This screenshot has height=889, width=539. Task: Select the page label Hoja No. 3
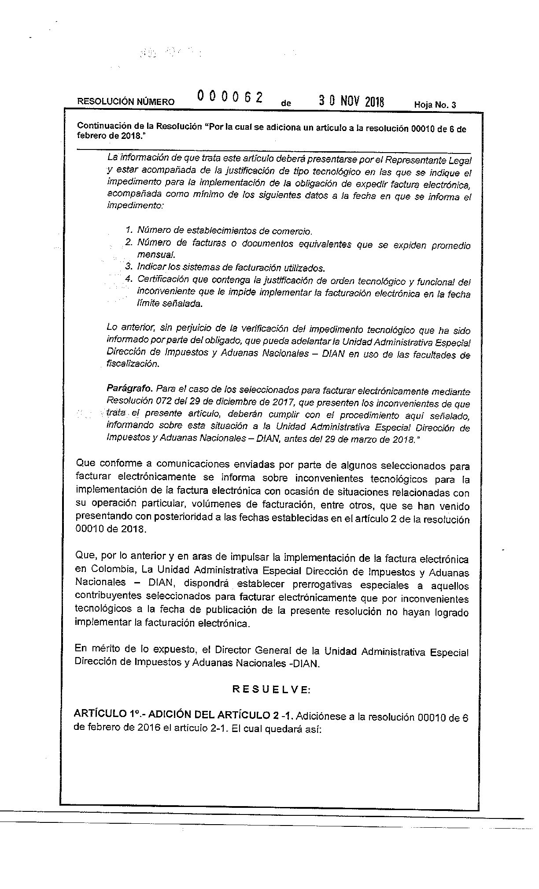point(435,105)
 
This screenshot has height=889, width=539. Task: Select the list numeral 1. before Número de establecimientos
point(129,230)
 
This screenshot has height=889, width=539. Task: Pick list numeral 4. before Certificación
point(129,279)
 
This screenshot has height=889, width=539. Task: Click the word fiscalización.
point(132,364)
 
